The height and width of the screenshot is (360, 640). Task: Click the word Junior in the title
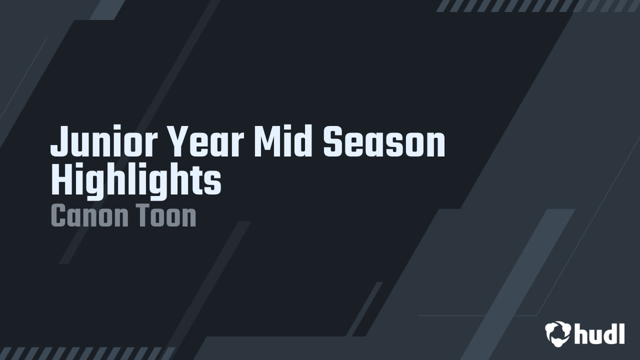[x=104, y=140]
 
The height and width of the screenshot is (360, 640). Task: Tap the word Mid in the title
[x=283, y=141]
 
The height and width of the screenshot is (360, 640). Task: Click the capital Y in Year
[x=179, y=141]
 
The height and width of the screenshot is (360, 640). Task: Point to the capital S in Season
[x=333, y=141]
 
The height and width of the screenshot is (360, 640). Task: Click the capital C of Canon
[x=59, y=215]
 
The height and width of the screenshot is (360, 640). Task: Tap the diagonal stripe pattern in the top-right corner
[x=537, y=5]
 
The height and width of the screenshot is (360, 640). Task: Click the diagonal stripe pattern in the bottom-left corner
[x=87, y=353]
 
